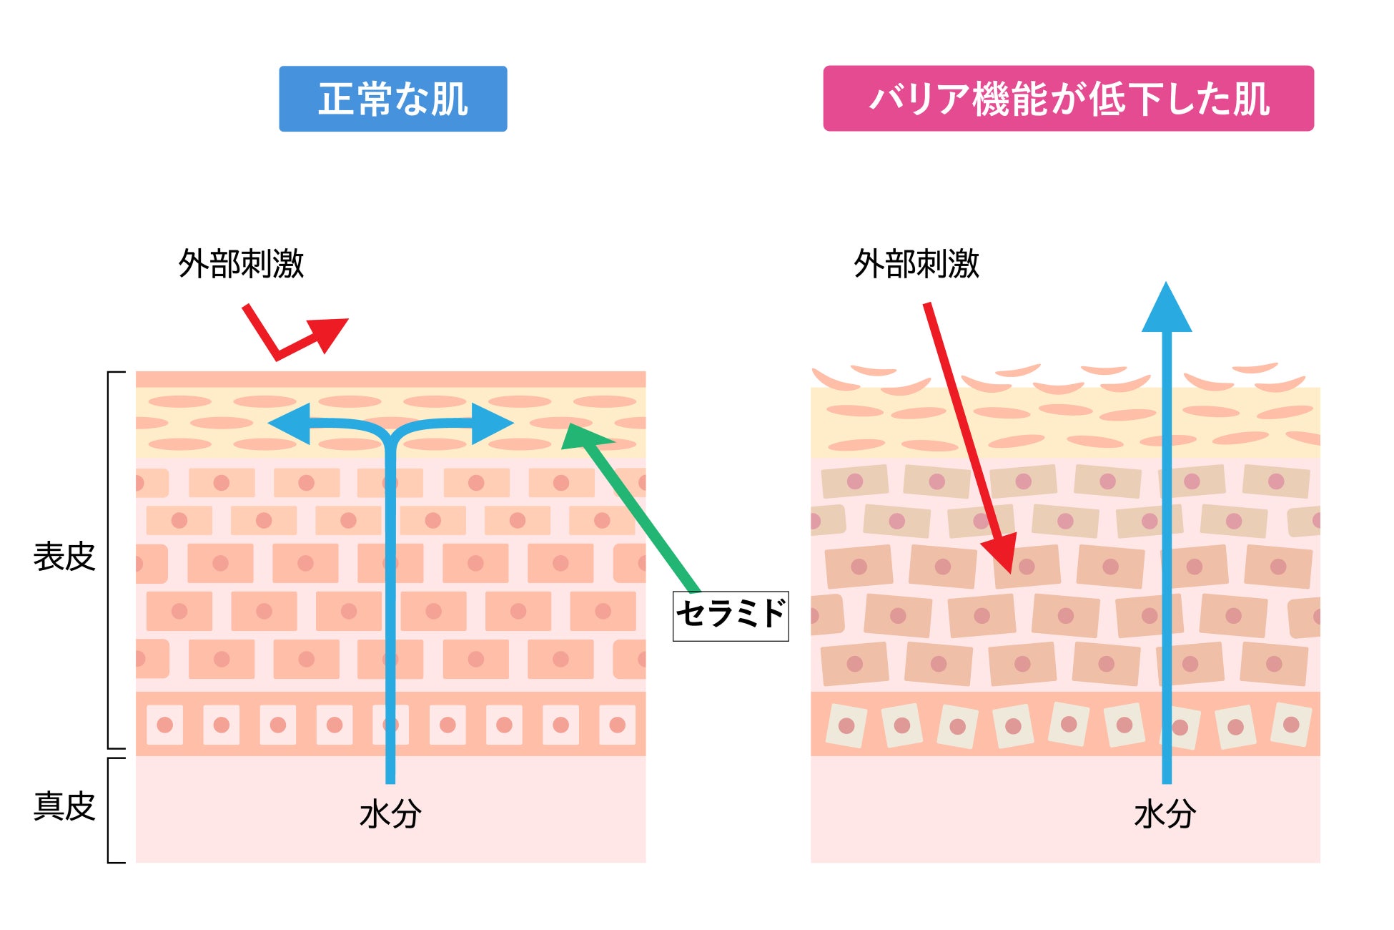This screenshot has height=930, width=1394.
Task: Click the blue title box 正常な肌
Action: [392, 99]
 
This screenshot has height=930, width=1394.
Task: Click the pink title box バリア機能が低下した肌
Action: [1068, 99]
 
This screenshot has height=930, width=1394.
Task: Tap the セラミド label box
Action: [731, 616]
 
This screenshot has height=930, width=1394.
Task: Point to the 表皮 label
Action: [64, 557]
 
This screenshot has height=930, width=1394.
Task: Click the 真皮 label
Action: [64, 806]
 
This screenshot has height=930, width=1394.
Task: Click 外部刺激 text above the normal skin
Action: [241, 264]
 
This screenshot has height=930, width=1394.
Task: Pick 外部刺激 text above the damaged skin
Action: [916, 264]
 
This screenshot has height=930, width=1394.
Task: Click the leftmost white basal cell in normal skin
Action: [164, 725]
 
